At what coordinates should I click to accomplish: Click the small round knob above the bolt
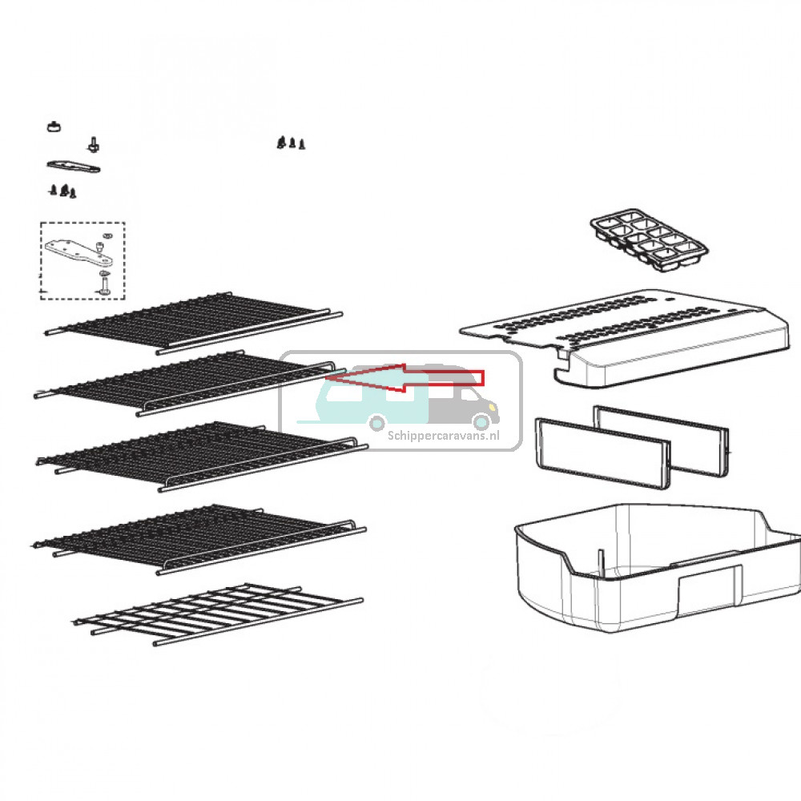click(54, 126)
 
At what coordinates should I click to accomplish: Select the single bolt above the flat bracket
click(93, 144)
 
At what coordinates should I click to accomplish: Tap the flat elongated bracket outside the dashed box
click(74, 167)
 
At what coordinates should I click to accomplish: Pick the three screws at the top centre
click(292, 143)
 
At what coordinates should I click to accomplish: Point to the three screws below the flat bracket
click(62, 191)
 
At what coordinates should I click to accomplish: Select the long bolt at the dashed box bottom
click(103, 284)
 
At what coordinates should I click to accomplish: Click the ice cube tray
click(650, 240)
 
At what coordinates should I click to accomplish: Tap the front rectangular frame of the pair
click(603, 453)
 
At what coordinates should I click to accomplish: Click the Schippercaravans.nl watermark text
click(444, 436)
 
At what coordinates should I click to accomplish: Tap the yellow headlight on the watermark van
click(492, 407)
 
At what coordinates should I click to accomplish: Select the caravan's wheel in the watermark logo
click(377, 422)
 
